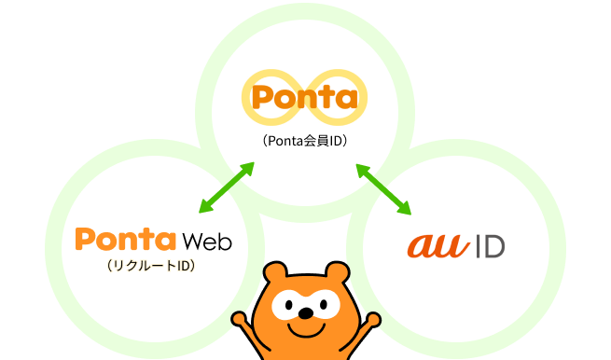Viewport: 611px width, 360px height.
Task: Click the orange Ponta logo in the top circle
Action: coord(305,97)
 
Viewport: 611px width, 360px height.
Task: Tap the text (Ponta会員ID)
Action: coord(305,142)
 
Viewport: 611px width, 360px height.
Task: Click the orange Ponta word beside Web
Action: coord(125,240)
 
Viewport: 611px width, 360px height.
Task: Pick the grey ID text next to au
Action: coord(489,245)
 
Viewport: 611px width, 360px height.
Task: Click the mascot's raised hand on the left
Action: coord(240,318)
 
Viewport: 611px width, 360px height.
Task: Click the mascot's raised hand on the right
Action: coord(373,318)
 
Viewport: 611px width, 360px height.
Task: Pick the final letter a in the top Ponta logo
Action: coord(346,98)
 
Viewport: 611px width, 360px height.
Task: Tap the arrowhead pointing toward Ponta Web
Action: coord(205,209)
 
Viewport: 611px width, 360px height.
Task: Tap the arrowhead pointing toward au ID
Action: coord(406,209)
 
